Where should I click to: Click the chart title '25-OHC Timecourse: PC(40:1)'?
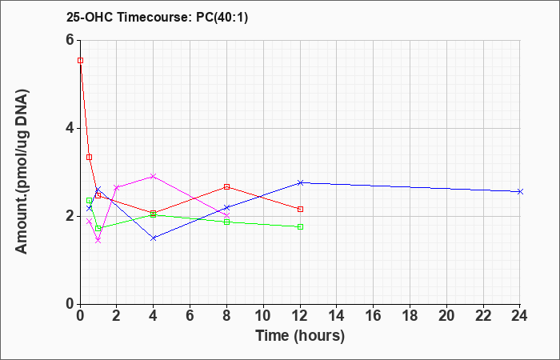(x=157, y=17)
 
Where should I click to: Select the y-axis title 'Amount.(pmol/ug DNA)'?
(x=22, y=171)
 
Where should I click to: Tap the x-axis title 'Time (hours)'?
(x=300, y=336)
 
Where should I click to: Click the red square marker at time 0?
(x=80, y=60)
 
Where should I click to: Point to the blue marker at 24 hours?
(x=520, y=192)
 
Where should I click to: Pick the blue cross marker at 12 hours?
(x=300, y=183)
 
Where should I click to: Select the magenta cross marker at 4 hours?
(x=154, y=177)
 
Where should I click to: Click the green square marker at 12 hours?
(x=300, y=226)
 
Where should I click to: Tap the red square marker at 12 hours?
(x=300, y=210)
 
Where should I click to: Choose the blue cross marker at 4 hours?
(x=154, y=238)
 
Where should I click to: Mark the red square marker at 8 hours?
(x=226, y=186)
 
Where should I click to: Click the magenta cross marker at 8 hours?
(x=226, y=216)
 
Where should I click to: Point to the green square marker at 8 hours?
(x=226, y=222)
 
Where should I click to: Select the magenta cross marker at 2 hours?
(x=117, y=187)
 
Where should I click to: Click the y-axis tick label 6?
(x=70, y=40)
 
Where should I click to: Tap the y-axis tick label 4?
(x=70, y=128)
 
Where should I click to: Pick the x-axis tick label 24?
(x=520, y=316)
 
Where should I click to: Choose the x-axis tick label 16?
(x=374, y=316)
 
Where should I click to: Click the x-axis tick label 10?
(x=263, y=316)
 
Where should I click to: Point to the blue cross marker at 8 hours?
(x=226, y=207)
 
